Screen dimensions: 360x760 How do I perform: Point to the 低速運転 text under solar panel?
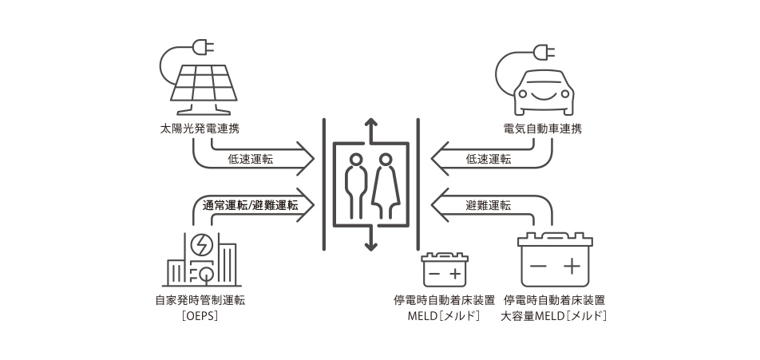tap(250, 159)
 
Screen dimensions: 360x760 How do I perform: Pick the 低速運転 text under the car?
tap(488, 159)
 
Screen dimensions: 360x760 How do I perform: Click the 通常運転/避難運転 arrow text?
tap(250, 204)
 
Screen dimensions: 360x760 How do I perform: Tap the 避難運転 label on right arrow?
tap(488, 204)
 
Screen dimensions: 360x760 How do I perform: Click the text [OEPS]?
tap(200, 316)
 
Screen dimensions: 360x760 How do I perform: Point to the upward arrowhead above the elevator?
tap(370, 123)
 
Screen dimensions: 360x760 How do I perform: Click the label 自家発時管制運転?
tap(200, 301)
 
